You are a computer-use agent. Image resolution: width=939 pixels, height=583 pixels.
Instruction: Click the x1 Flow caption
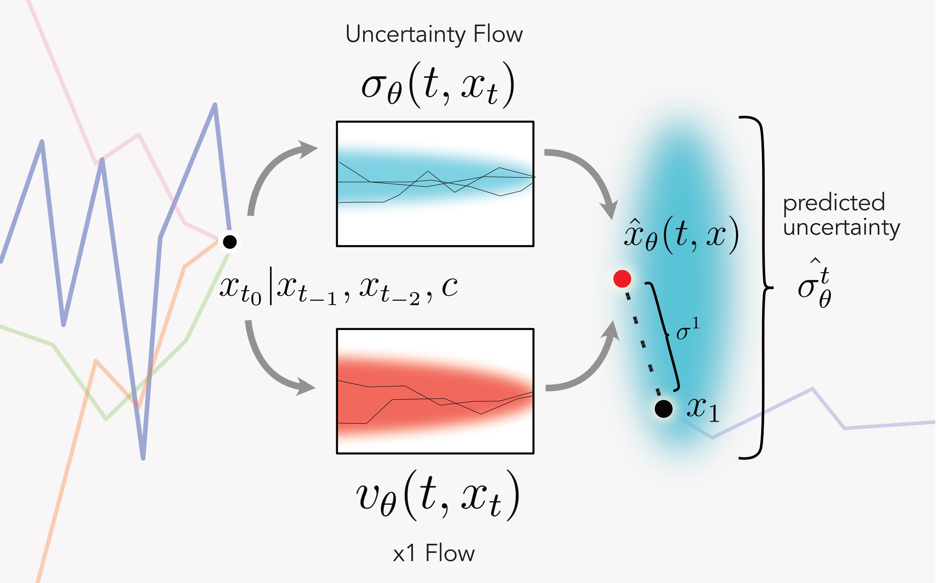pyautogui.click(x=434, y=553)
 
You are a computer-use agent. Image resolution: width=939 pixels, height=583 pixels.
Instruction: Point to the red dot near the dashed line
pyautogui.click(x=622, y=278)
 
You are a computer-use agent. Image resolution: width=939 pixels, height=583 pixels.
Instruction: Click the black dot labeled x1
pyautogui.click(x=663, y=409)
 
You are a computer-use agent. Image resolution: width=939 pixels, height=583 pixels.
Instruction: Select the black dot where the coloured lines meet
pyautogui.click(x=230, y=242)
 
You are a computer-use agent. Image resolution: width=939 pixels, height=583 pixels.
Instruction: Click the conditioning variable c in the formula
pyautogui.click(x=449, y=287)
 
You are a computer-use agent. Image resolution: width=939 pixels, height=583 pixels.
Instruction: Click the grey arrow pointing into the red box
pyautogui.click(x=270, y=366)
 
